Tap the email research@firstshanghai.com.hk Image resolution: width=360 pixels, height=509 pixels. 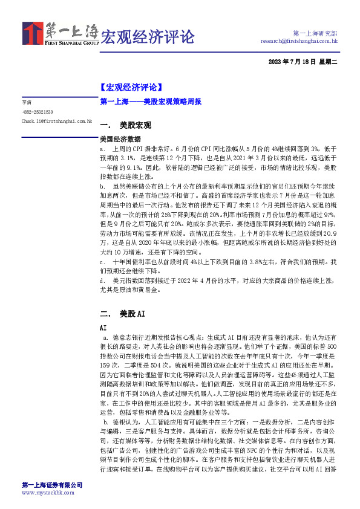pyautogui.click(x=299, y=41)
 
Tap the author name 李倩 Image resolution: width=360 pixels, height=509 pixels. pyautogui.click(x=25, y=102)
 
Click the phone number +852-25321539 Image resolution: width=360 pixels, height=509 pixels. pyautogui.click(x=38, y=112)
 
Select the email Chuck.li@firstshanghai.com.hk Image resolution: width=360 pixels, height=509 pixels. pyautogui.click(x=56, y=122)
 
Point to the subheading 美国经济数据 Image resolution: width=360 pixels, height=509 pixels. pyautogui.click(x=120, y=138)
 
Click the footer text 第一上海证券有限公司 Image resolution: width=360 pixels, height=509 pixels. pyautogui.click(x=52, y=485)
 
